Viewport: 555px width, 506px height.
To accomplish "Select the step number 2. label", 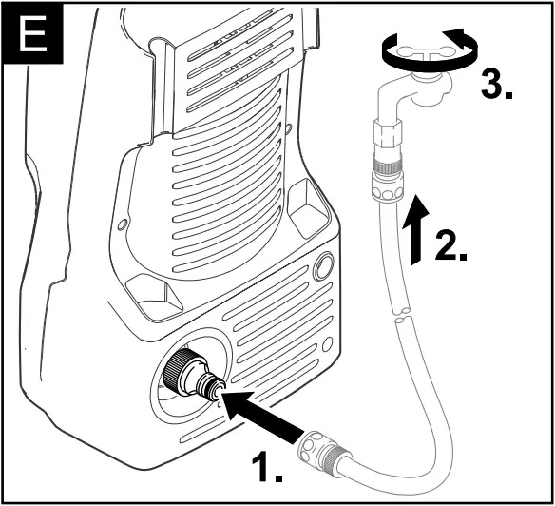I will point(449,244).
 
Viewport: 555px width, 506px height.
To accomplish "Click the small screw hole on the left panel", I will point(122,224).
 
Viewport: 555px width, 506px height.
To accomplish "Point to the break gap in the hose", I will point(402,312).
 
